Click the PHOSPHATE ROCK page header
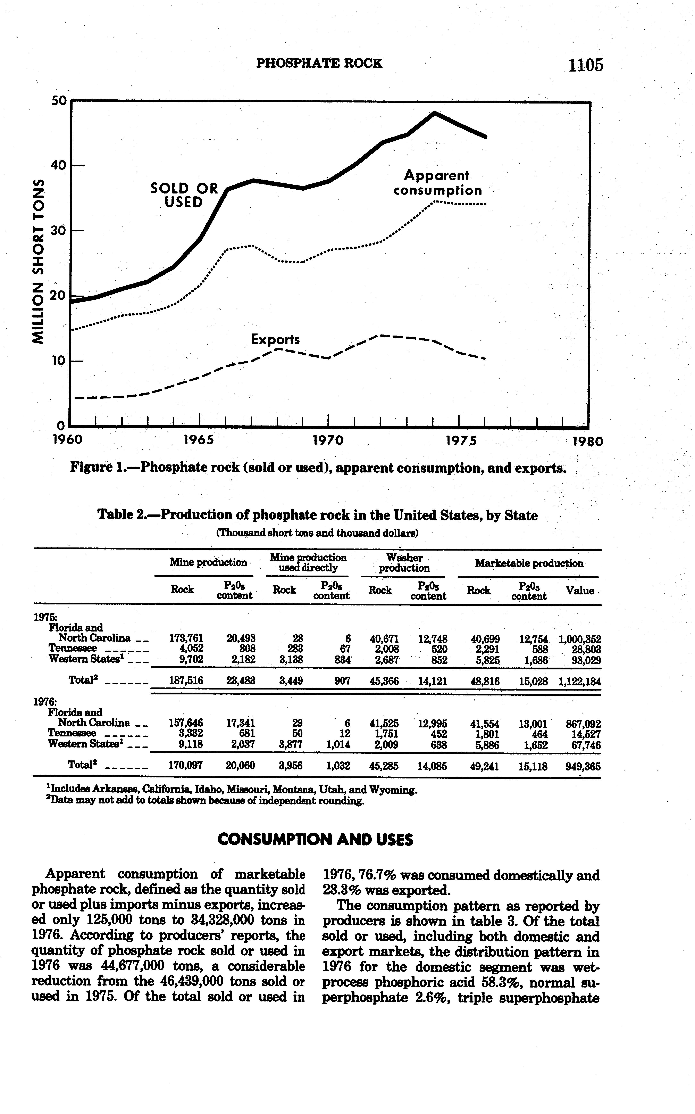coord(319,63)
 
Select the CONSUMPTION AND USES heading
coord(315,840)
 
